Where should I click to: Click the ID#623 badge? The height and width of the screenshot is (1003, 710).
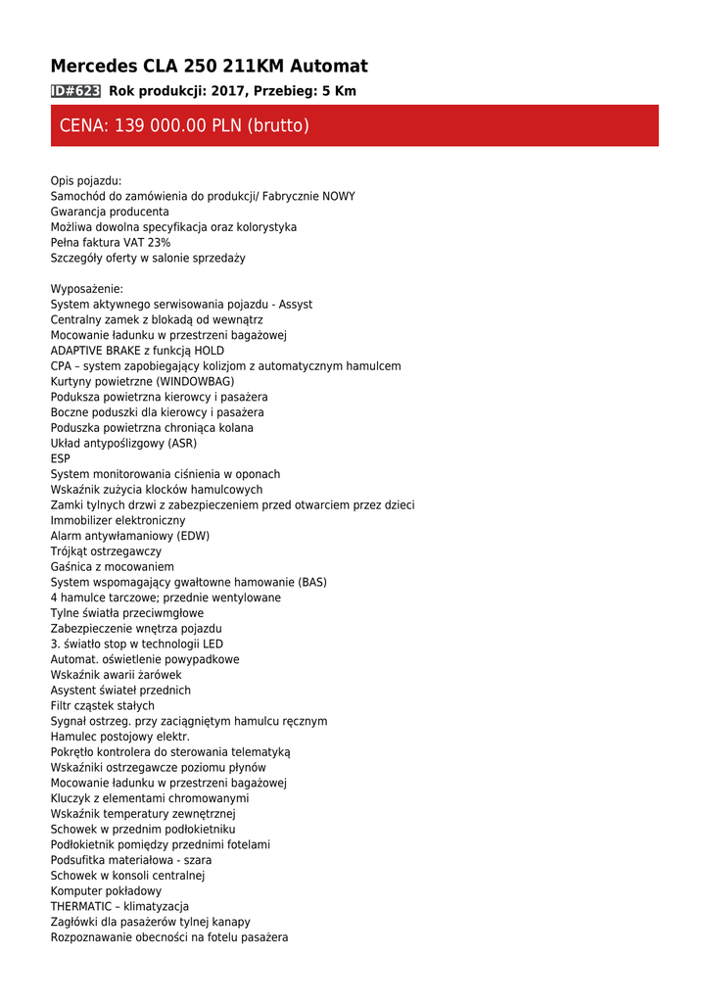pos(75,91)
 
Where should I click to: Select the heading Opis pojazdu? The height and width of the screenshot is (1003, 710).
pos(86,181)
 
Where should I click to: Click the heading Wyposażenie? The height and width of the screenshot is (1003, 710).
pos(87,289)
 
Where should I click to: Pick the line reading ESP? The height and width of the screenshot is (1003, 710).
pos(61,458)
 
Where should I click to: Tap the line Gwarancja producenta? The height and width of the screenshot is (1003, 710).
pos(110,212)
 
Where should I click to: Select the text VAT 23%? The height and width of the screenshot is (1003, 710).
pos(149,243)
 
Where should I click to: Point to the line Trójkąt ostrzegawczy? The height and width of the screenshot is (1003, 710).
pos(106,551)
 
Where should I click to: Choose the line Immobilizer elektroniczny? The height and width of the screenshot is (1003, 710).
pos(118,520)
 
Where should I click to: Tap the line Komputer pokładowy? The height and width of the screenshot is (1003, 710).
pos(106,891)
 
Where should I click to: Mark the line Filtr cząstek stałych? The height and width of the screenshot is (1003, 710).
pos(102,705)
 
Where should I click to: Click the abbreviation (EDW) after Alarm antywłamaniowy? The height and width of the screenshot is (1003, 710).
pos(194,536)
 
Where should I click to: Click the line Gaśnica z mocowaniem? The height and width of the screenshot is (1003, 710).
pos(112,566)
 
